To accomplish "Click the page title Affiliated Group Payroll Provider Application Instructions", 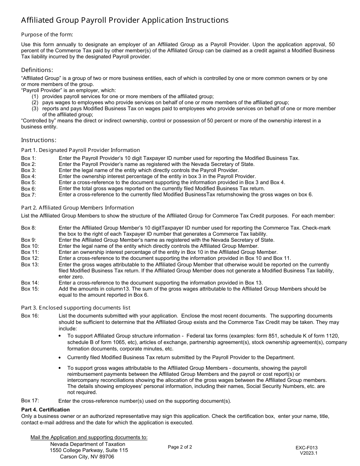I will [125, 20].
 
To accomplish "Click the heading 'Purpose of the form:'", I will [47, 34].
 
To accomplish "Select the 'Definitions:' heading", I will [37, 70].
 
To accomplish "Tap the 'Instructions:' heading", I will [39, 140].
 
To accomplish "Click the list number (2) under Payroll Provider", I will [35, 103].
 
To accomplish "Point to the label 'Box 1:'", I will [28, 158].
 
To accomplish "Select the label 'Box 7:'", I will [28, 195].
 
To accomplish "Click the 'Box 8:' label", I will [28, 228].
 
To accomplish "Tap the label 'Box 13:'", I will [30, 264].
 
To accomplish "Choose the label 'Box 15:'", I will [30, 289].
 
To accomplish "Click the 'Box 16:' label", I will [30, 316].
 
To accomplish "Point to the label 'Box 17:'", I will [30, 400].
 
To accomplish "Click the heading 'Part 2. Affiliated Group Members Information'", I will [78, 208].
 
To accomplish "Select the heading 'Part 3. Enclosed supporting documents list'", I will [76, 308].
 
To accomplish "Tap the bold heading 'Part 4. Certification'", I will [45, 410].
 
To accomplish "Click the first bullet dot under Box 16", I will [60, 336].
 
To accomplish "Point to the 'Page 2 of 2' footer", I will [180, 447].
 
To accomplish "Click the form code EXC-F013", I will [307, 447].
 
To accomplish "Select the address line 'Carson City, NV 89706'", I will [87, 457].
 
